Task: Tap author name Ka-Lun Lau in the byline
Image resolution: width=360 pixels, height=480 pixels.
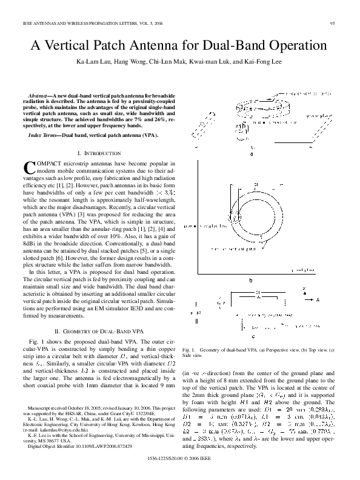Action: pyautogui.click(x=94, y=62)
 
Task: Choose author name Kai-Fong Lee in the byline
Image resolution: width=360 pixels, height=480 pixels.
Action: pyautogui.click(x=267, y=62)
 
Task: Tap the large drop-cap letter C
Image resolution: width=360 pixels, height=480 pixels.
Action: pyautogui.click(x=28, y=168)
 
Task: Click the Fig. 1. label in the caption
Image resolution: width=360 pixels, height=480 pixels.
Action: pyautogui.click(x=189, y=350)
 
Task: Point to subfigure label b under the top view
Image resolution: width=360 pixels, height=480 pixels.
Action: pyautogui.click(x=251, y=281)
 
